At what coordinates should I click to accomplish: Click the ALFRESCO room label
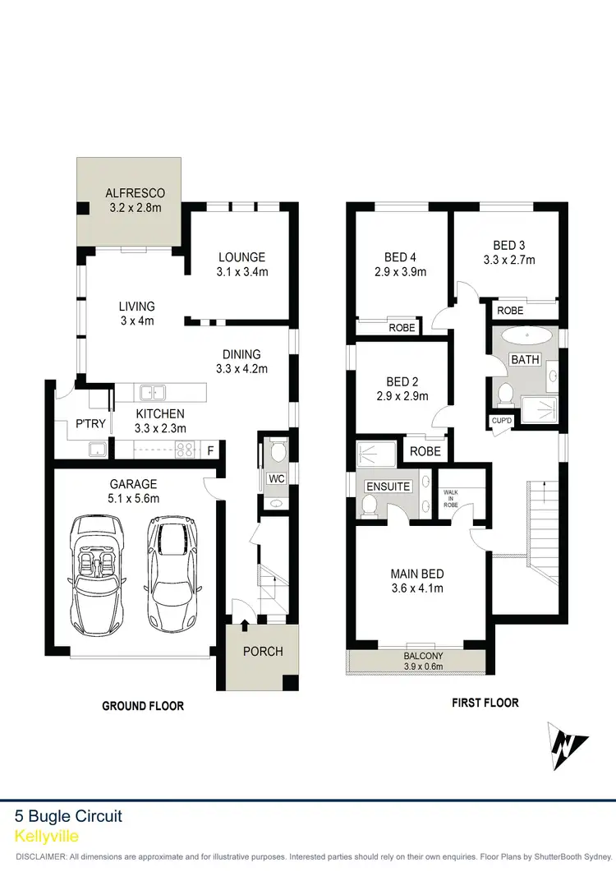[135, 193]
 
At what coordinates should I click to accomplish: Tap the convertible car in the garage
[96, 573]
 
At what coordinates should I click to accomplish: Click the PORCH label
[264, 651]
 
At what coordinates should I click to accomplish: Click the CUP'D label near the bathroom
[502, 420]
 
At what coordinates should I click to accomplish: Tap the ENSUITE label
[388, 487]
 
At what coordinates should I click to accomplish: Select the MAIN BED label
[416, 573]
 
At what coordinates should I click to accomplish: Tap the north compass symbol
[568, 744]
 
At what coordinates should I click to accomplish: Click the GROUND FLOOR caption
[142, 705]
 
